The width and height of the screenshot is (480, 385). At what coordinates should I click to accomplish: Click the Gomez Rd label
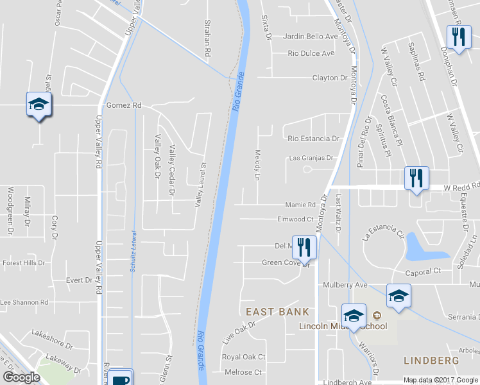(x=124, y=105)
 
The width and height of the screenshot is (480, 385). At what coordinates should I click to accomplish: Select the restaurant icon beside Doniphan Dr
(x=458, y=37)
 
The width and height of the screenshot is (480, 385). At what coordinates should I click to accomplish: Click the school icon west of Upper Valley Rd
(x=39, y=105)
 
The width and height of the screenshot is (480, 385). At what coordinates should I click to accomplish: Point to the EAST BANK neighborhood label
(x=278, y=312)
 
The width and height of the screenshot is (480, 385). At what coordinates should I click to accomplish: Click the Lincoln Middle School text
(x=343, y=326)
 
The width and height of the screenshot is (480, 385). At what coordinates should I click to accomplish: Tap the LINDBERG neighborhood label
(x=431, y=361)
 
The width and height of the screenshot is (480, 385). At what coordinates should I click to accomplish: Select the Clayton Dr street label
(x=329, y=78)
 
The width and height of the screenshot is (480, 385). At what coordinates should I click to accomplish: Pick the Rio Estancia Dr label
(x=313, y=138)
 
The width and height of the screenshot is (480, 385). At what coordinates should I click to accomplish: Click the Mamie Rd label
(x=300, y=205)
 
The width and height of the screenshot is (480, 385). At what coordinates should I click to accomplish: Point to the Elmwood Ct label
(x=295, y=219)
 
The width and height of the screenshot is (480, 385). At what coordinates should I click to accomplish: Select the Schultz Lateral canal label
(x=133, y=251)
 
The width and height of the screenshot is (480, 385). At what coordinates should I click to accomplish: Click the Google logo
(x=21, y=377)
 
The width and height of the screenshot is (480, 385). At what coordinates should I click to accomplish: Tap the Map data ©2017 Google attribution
(x=440, y=380)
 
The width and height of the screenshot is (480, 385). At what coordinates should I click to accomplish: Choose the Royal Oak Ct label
(x=243, y=357)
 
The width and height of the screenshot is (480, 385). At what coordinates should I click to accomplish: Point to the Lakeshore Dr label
(x=52, y=335)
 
